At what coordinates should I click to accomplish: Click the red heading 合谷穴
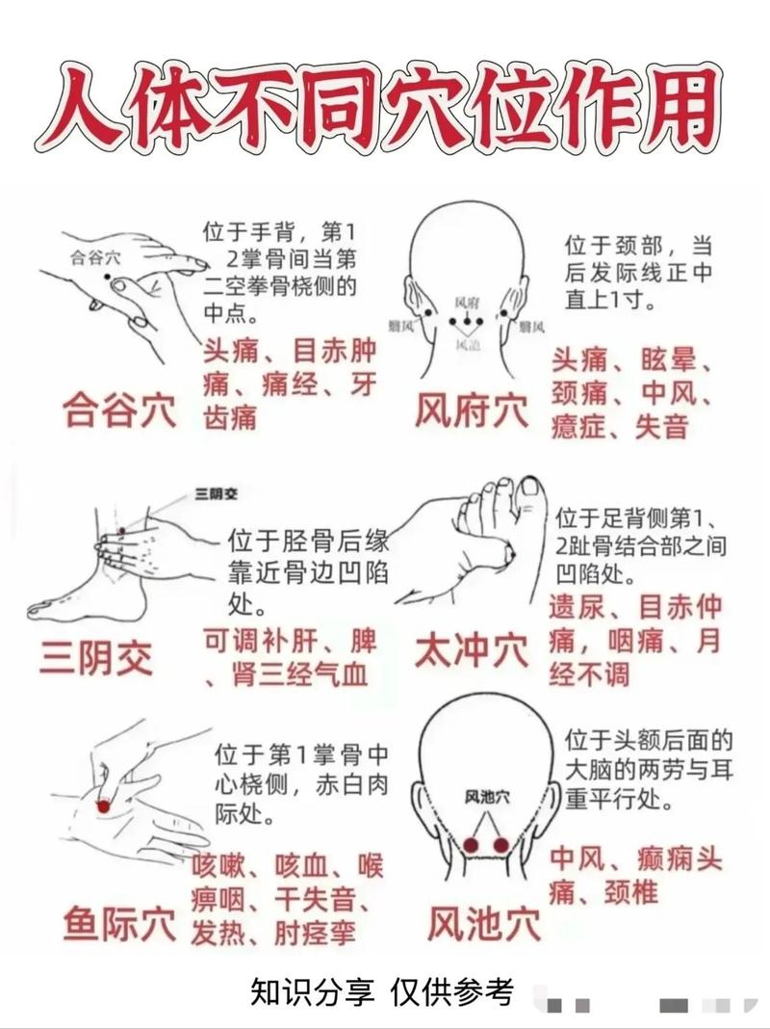point(118,409)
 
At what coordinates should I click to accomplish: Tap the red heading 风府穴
point(471,412)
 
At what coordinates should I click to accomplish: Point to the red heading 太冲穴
point(471,651)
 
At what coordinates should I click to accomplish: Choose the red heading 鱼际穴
point(118,922)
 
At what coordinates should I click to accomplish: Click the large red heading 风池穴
point(484,923)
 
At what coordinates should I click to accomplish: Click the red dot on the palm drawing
point(104,802)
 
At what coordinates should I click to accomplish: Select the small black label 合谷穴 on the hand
point(96,257)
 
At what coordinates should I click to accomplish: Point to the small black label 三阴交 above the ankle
point(216,493)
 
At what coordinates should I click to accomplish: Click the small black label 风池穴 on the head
point(486,796)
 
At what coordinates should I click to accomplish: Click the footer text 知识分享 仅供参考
point(382,991)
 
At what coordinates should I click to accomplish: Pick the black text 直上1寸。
point(610,299)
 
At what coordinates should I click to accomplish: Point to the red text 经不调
point(589,673)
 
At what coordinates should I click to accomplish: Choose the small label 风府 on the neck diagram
point(466,302)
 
